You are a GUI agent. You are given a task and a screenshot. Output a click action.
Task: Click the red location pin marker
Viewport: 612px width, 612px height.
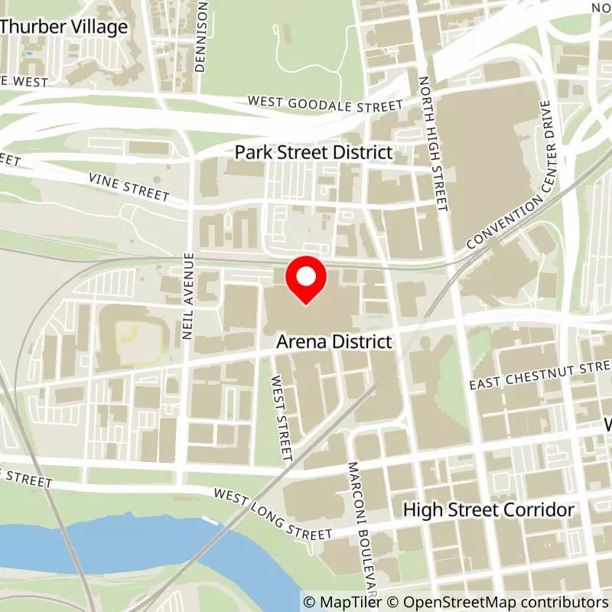click(x=306, y=279)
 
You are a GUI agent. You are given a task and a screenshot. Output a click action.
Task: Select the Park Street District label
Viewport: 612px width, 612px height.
click(x=314, y=152)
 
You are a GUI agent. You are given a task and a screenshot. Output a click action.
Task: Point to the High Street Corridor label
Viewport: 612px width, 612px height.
click(x=489, y=509)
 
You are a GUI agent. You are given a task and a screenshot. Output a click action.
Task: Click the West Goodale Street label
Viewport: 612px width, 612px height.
click(x=325, y=103)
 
